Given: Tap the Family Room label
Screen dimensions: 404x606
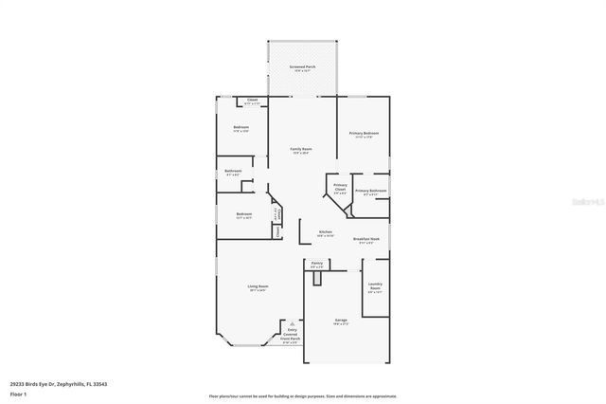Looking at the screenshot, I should click(x=301, y=150).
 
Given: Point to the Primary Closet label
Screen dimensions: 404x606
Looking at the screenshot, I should click(x=340, y=189).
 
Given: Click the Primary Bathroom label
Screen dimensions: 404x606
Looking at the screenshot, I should click(x=370, y=192).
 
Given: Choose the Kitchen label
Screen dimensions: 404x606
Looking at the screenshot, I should click(x=325, y=232).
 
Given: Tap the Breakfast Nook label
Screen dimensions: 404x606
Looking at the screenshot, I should click(x=366, y=241).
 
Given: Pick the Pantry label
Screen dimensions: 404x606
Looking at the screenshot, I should click(x=317, y=265).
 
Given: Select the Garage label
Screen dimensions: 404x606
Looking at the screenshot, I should click(x=341, y=321).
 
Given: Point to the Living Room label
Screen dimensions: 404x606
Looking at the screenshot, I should click(x=258, y=288).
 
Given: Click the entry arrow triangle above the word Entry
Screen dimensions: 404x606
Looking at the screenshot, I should click(x=291, y=323).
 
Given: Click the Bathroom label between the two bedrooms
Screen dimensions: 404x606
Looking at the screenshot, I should click(x=233, y=173).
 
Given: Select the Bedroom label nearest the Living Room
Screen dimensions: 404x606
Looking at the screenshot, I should click(x=244, y=215).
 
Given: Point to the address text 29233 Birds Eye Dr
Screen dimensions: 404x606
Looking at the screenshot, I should click(x=66, y=383).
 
